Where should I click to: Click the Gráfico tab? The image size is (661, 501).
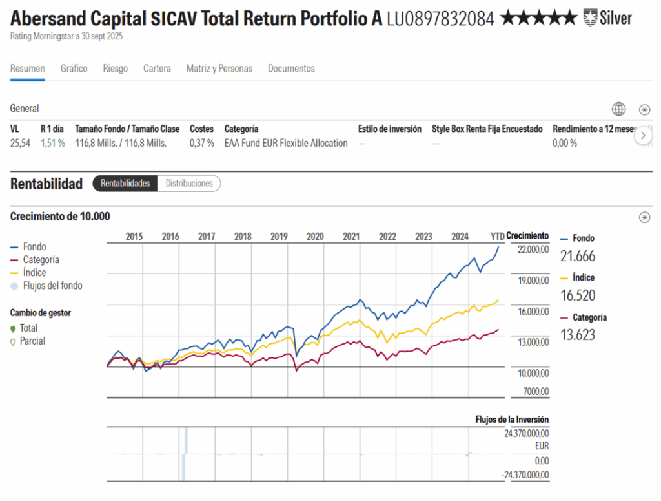(x=74, y=69)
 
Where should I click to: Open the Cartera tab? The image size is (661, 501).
(x=157, y=69)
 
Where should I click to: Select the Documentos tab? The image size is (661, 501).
(x=291, y=69)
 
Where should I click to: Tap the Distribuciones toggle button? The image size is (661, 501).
(x=189, y=184)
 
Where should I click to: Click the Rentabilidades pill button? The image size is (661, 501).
(x=125, y=184)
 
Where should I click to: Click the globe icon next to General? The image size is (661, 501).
(x=618, y=109)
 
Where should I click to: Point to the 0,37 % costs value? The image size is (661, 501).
(x=201, y=144)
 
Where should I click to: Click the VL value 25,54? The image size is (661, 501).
(x=20, y=144)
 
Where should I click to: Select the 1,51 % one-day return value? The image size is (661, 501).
(x=52, y=144)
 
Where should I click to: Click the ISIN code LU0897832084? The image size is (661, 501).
(x=440, y=19)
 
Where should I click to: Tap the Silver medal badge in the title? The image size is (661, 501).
(x=607, y=18)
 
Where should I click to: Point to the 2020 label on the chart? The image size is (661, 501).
(x=315, y=237)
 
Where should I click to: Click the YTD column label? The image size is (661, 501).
(x=497, y=237)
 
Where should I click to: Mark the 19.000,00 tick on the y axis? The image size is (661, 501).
(x=533, y=281)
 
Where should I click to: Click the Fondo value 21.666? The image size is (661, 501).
(x=578, y=256)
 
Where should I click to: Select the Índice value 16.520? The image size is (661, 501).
(x=578, y=295)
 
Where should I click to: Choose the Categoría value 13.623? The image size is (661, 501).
(x=578, y=335)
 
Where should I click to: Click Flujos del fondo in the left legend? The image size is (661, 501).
(x=52, y=286)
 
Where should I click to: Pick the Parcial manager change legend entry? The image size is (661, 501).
(x=32, y=341)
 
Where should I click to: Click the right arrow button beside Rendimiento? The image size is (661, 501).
(x=643, y=136)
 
